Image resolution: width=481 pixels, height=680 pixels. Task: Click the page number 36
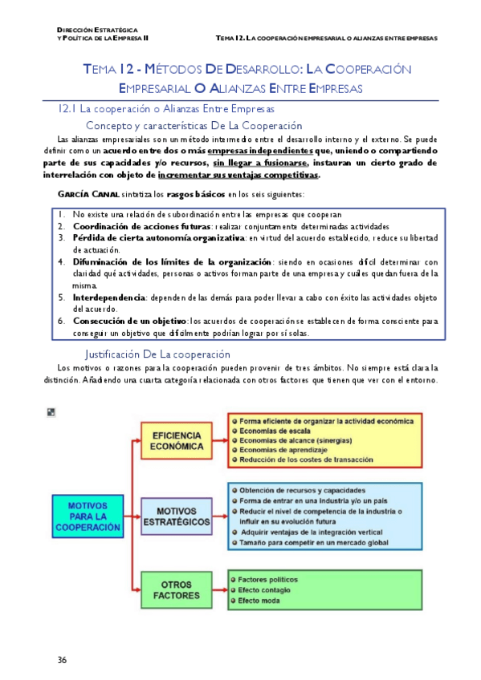tap(62, 660)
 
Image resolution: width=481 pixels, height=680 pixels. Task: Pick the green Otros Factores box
tap(177, 589)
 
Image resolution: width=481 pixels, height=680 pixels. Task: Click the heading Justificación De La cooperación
tap(157, 354)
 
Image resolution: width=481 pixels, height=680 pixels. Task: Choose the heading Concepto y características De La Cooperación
tap(194, 126)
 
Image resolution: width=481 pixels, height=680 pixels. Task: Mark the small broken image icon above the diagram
tap(52, 412)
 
